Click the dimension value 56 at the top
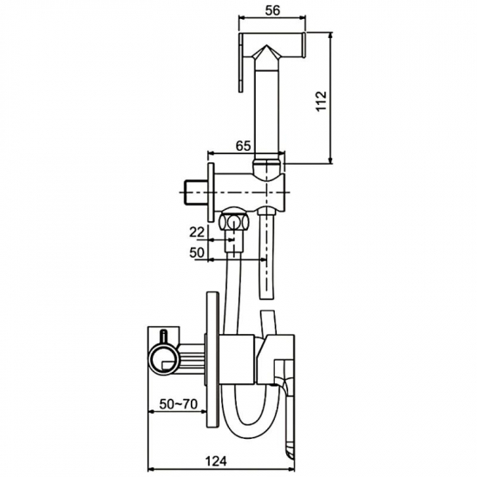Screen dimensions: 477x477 (272, 10)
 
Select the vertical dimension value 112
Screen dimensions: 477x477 (321, 101)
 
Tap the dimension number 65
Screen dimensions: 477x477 (244, 146)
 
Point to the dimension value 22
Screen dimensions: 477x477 (197, 232)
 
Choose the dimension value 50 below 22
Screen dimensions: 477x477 (197, 252)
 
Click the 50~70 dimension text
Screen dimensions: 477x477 (179, 404)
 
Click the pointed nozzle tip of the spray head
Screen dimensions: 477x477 (266, 46)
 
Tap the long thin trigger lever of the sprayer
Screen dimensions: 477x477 (241, 62)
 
